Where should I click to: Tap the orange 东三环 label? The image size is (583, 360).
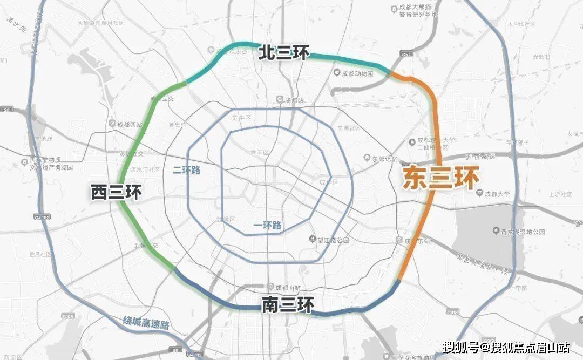coord(440,179)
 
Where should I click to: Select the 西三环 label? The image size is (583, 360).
coord(116,192)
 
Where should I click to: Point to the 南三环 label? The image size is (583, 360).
coord(287,305)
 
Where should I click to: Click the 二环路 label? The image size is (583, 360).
coord(186,169)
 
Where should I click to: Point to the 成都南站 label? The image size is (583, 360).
coord(286,287)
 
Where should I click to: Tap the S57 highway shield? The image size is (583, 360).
coord(407,54)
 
